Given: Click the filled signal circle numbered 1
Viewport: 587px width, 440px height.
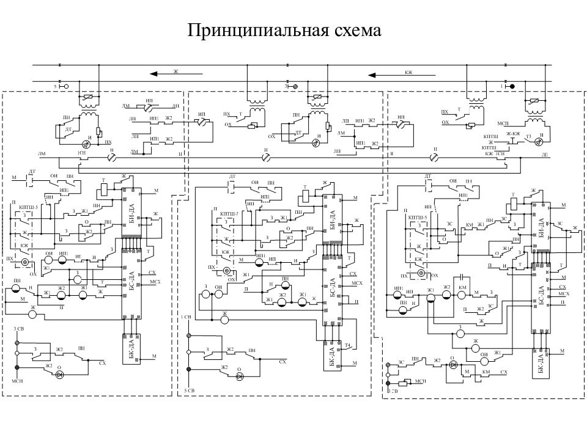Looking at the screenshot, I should click(512, 86).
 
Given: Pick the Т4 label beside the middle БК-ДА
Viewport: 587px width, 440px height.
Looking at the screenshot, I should click(347, 346).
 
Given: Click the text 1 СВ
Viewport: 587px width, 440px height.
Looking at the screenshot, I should click(187, 317).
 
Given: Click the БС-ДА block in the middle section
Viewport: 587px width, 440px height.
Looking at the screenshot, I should click(332, 288).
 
